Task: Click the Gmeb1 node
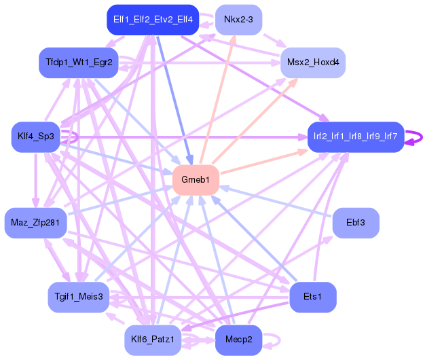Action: tap(196, 180)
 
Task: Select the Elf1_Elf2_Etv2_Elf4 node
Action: tap(153, 20)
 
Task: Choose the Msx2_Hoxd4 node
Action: tap(313, 62)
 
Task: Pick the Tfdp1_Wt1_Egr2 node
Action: tap(79, 62)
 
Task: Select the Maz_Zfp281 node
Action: tap(35, 223)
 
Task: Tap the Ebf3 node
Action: tap(356, 223)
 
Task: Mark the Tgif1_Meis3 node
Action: tap(79, 297)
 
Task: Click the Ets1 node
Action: tap(313, 297)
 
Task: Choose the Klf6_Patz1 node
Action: tap(153, 340)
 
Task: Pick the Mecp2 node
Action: tap(238, 340)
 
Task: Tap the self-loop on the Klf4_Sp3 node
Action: tap(74, 137)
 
